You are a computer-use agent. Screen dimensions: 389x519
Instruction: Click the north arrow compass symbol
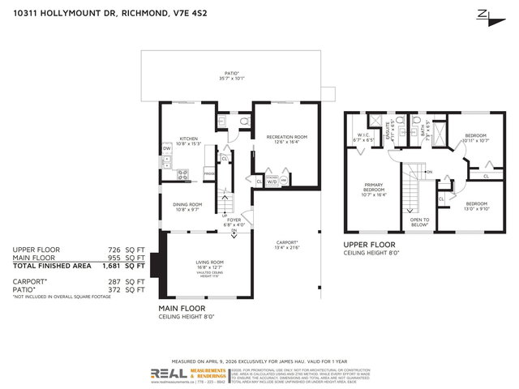[486, 15]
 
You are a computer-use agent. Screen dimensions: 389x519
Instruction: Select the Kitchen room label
[189, 139]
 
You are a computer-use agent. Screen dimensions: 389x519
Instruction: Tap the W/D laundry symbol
[272, 182]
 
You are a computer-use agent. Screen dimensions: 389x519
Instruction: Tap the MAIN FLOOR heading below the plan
[182, 308]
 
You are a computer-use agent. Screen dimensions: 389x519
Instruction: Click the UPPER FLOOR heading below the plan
[368, 244]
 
